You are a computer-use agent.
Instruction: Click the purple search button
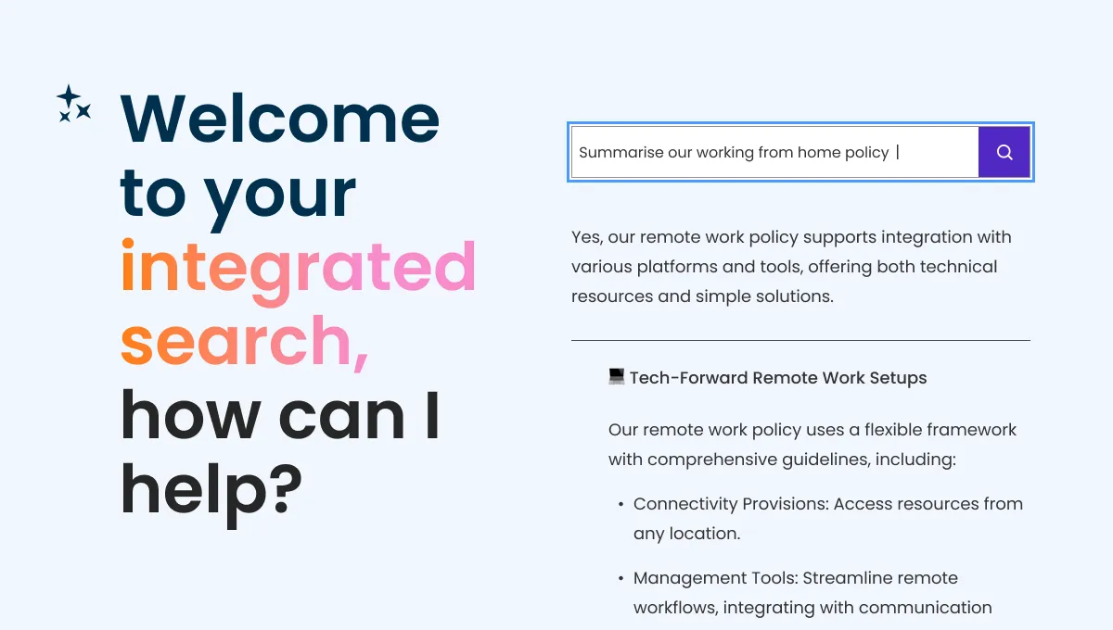point(1004,152)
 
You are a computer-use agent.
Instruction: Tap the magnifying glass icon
point(1004,152)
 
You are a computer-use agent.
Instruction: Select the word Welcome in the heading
point(280,119)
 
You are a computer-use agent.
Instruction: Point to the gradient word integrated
point(298,267)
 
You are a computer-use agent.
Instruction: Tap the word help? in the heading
point(211,489)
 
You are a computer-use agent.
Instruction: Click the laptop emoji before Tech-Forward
point(617,376)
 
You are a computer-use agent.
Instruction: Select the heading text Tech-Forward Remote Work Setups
point(778,378)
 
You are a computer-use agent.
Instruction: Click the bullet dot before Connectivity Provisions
point(620,505)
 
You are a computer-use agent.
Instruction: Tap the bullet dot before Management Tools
point(620,579)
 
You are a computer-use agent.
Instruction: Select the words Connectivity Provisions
point(730,504)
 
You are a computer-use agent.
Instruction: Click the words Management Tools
point(714,578)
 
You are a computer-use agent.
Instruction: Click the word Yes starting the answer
point(586,237)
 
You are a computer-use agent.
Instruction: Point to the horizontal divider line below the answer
point(800,340)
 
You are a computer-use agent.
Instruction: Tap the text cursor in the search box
point(898,152)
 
